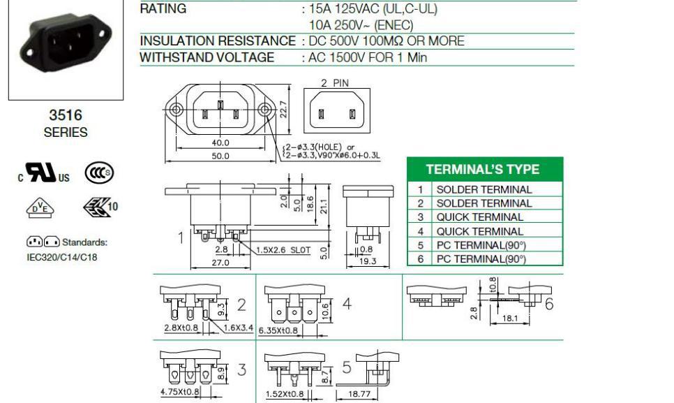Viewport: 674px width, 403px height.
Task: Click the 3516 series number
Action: (66, 115)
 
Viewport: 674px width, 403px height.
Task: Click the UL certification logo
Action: (43, 173)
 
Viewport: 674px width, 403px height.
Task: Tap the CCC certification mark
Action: (99, 173)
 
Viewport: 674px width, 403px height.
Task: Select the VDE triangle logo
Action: (40, 207)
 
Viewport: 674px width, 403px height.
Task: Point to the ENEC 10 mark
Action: (100, 207)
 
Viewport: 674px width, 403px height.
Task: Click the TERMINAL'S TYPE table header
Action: (482, 169)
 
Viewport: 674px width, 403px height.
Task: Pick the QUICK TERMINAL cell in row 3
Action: (480, 217)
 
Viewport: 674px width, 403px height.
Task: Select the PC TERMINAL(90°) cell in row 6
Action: (481, 259)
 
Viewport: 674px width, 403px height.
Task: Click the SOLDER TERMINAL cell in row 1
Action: (484, 190)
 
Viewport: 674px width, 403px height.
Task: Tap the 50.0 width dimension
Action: (220, 156)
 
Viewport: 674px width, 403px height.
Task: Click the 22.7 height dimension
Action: (283, 109)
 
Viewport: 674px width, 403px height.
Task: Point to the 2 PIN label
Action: (335, 83)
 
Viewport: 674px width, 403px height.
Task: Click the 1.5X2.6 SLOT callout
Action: (283, 250)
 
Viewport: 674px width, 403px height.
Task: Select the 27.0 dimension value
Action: (220, 263)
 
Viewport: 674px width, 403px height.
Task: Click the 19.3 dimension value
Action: (368, 261)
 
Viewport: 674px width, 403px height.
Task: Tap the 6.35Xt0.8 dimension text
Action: (278, 330)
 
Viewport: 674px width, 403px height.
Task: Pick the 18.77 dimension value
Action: (359, 393)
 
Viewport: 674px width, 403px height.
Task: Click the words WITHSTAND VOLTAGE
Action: (207, 57)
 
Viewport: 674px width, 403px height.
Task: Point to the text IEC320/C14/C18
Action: (62, 257)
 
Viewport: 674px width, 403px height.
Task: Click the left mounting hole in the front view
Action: (176, 109)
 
